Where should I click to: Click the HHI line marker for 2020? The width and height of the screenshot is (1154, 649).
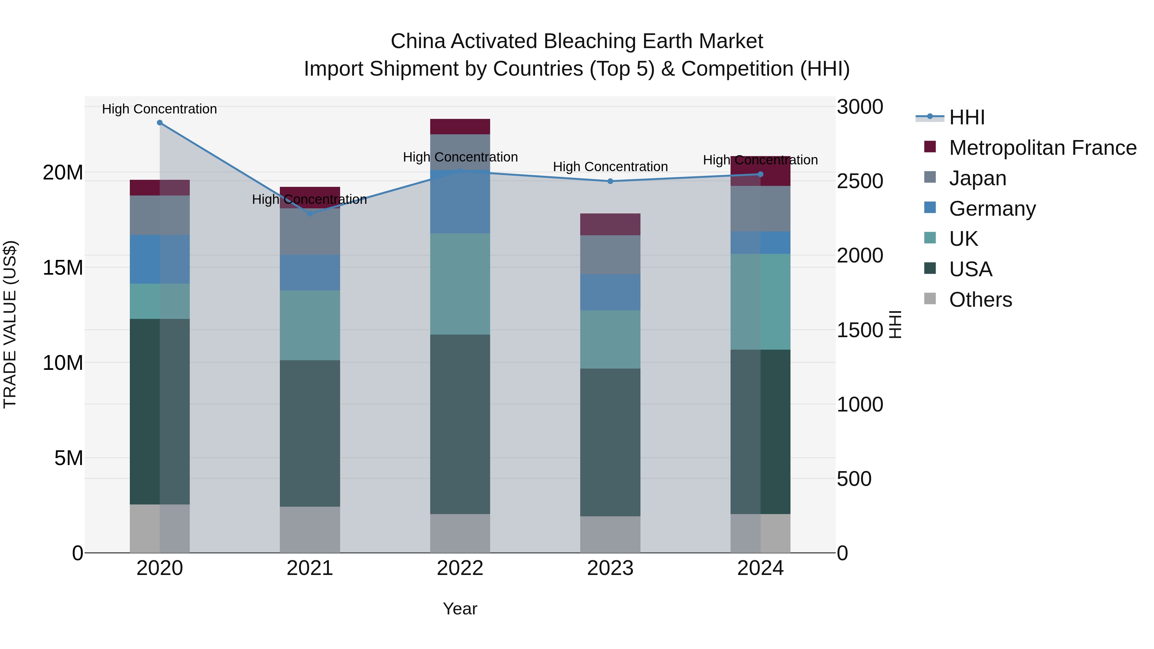click(x=160, y=123)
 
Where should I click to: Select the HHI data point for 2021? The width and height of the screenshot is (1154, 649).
click(x=310, y=214)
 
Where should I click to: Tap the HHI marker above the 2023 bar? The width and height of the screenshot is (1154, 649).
click(x=610, y=181)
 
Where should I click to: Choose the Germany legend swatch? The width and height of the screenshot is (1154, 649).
click(x=930, y=208)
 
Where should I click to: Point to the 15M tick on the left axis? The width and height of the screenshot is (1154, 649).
click(x=63, y=268)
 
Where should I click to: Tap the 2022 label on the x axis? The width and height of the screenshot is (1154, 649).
click(x=460, y=568)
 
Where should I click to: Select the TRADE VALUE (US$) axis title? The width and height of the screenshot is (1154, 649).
click(x=10, y=324)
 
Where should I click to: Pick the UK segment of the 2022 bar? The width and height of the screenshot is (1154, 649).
click(x=460, y=284)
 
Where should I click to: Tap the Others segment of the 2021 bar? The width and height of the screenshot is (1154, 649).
click(x=310, y=529)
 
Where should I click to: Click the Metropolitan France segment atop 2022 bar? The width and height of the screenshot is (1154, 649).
click(x=460, y=126)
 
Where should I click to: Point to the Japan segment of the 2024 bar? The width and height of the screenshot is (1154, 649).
click(x=760, y=209)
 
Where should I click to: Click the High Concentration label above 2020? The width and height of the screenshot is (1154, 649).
click(x=160, y=109)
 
